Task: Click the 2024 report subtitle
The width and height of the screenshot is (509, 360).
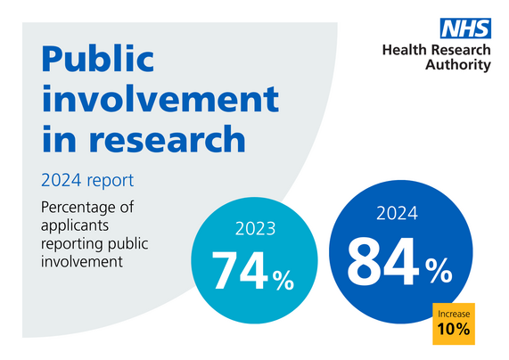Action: click(87, 181)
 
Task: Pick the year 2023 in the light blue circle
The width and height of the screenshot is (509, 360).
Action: click(255, 230)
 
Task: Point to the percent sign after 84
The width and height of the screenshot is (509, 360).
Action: click(439, 273)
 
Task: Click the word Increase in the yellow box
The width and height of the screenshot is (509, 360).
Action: click(454, 314)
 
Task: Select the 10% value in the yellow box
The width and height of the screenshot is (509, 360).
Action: click(454, 331)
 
